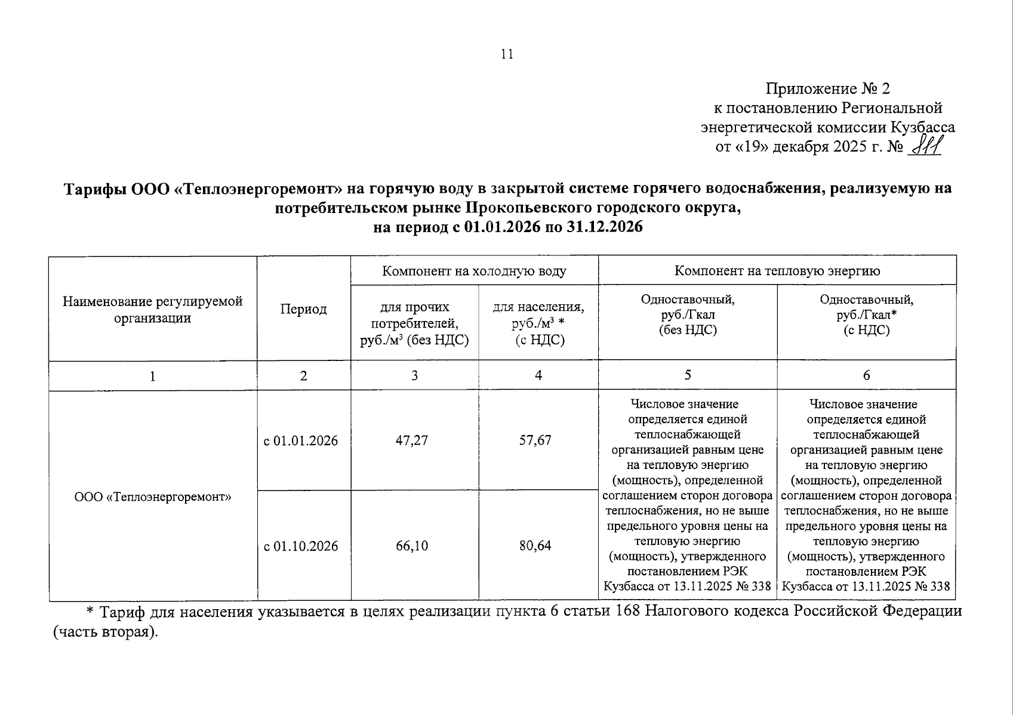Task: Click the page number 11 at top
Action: (x=507, y=54)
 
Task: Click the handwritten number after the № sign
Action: (x=924, y=145)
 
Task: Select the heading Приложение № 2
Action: (x=827, y=89)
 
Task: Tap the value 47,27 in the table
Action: (x=412, y=441)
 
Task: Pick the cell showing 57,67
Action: (x=535, y=441)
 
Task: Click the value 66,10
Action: (x=412, y=546)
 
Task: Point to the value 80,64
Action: (x=535, y=546)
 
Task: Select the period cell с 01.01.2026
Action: (x=301, y=441)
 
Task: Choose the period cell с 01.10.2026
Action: (x=301, y=546)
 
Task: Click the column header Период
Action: (x=303, y=309)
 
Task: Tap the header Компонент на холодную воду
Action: (x=474, y=271)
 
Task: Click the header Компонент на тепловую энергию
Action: (x=777, y=271)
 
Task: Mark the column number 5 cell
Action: (x=688, y=375)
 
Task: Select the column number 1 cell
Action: (x=153, y=376)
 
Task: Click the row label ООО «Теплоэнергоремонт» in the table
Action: (x=153, y=496)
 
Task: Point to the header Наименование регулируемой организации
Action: (x=153, y=309)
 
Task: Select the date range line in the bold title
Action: (x=507, y=227)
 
